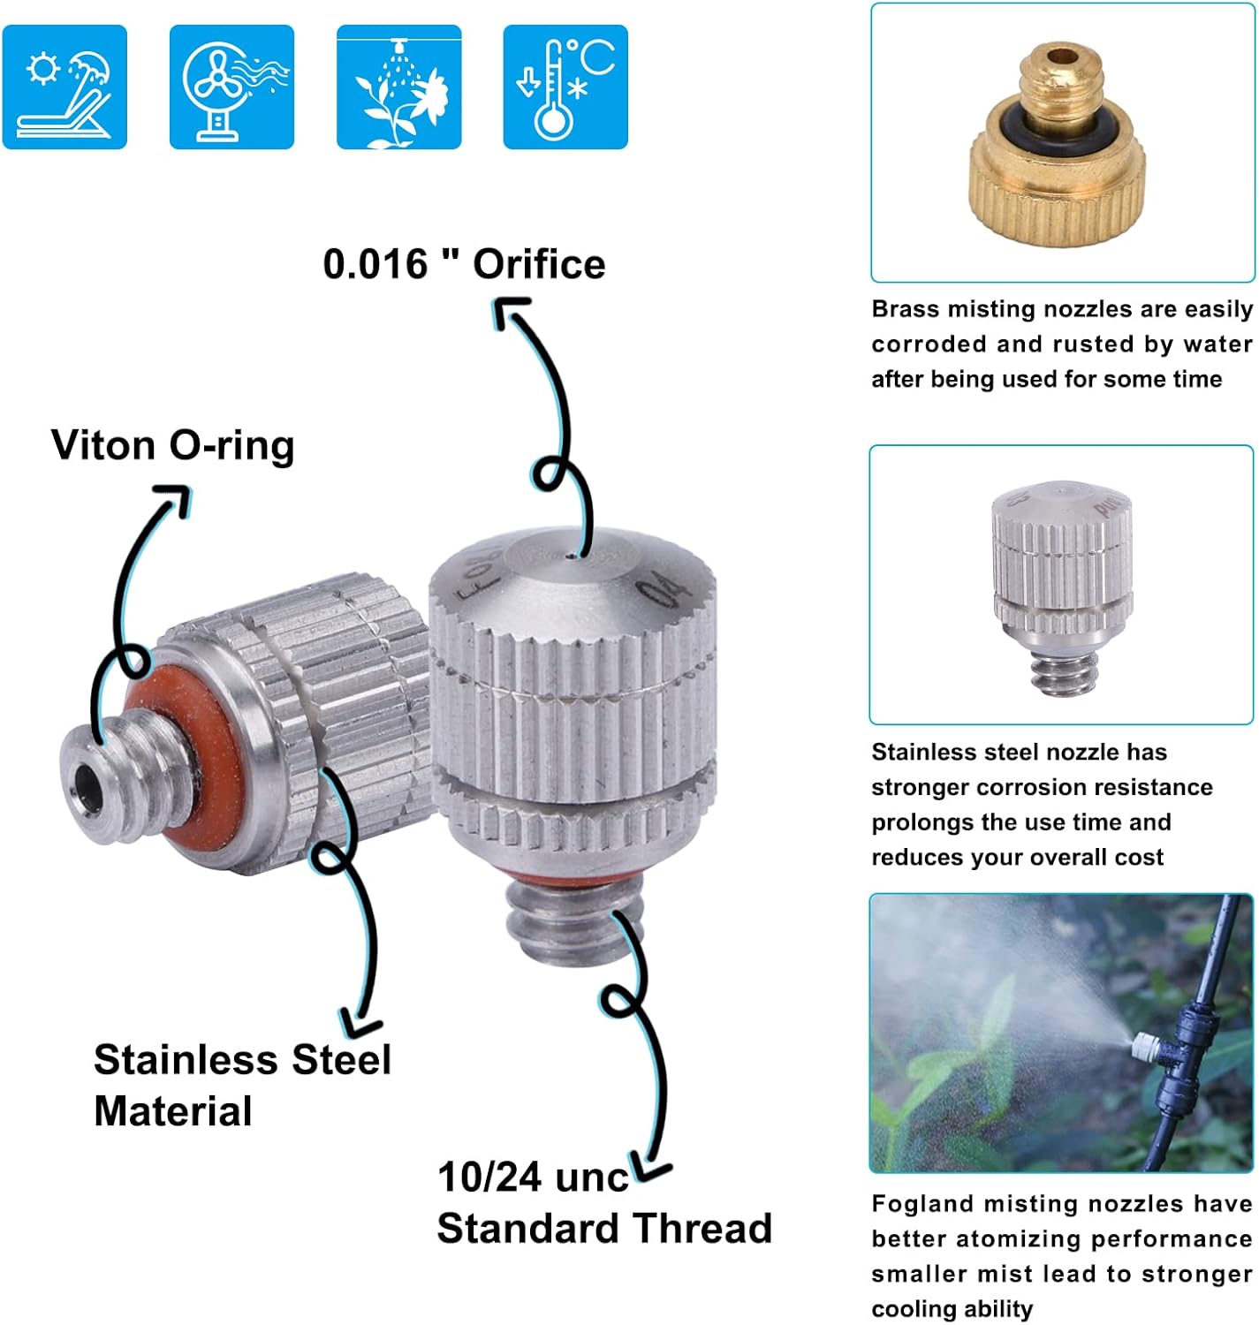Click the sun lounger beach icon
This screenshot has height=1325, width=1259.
64,87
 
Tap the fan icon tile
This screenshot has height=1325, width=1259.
231,87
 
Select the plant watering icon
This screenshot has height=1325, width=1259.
398,87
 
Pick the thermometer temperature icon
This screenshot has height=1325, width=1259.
565,87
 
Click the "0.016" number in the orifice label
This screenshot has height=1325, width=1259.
375,264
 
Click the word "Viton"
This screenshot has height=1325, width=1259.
103,445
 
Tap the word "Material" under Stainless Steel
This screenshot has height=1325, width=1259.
173,1111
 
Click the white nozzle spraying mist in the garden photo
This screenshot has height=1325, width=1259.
1146,1046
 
